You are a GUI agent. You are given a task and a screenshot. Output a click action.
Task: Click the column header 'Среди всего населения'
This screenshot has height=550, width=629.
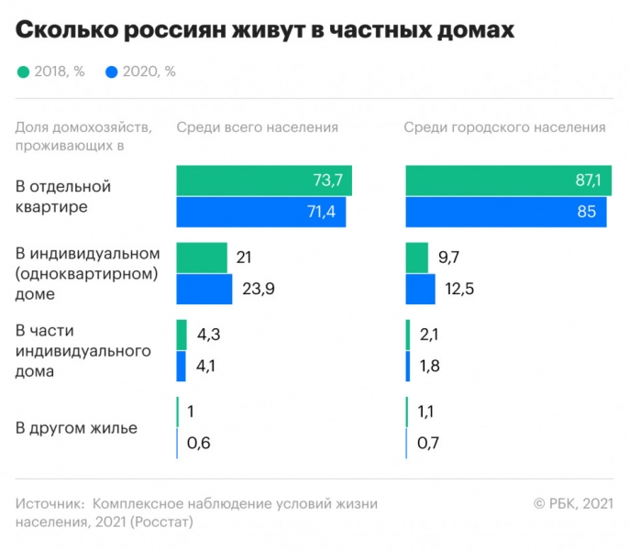click(x=257, y=127)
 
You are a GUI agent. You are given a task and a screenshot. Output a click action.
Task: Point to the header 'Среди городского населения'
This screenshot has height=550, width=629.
click(x=504, y=127)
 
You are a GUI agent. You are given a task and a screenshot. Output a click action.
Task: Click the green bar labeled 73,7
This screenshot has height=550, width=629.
click(x=263, y=181)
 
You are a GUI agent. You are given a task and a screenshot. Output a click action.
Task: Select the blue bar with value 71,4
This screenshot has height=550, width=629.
click(x=260, y=212)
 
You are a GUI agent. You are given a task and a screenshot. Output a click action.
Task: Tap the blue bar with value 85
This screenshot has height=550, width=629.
click(x=505, y=212)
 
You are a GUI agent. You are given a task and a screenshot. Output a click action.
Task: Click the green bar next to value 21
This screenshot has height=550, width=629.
click(x=201, y=258)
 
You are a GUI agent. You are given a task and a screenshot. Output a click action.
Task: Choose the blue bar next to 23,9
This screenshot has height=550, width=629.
click(x=204, y=289)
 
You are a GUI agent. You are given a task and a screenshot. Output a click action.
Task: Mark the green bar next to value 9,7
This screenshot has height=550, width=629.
click(x=416, y=258)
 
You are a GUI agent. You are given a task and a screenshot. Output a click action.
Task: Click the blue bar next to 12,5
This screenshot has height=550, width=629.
click(x=420, y=289)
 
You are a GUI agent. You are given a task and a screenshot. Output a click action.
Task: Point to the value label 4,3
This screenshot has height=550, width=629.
click(x=208, y=335)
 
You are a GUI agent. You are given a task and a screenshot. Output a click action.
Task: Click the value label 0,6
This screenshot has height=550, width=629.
click(x=199, y=443)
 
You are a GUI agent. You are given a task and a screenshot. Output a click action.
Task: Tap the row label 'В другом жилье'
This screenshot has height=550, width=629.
click(x=76, y=428)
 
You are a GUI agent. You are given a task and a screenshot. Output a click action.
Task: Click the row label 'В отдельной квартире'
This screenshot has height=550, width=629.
click(x=63, y=197)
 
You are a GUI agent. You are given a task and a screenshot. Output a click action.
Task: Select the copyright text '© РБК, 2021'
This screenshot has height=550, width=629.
click(x=573, y=503)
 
